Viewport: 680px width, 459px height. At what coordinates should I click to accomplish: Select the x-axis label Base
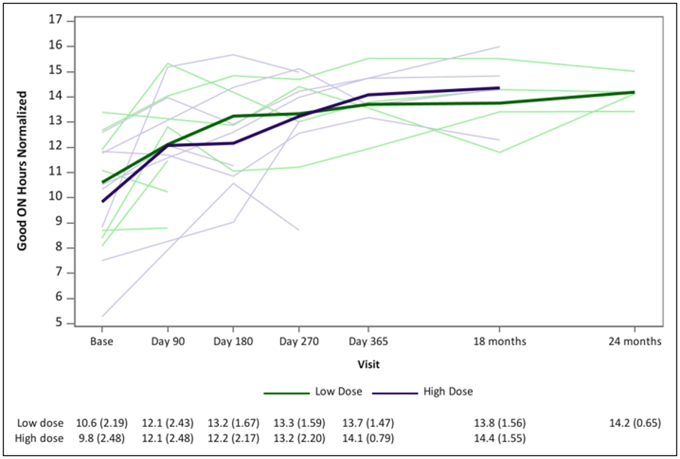click(102, 341)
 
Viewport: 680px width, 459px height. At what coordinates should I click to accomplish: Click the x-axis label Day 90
click(168, 341)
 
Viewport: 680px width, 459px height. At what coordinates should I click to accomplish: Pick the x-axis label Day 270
click(299, 341)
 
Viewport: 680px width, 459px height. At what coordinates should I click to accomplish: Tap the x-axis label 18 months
click(499, 341)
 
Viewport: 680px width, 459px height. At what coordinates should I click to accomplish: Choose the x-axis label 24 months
click(635, 341)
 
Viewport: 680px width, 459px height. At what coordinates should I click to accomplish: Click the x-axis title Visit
click(369, 364)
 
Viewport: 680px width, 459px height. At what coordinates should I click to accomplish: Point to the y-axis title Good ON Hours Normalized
click(22, 170)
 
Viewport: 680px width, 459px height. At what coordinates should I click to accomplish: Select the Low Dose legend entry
click(313, 391)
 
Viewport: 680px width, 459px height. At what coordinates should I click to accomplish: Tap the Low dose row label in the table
click(40, 423)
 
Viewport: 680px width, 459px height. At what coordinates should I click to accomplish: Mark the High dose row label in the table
click(39, 438)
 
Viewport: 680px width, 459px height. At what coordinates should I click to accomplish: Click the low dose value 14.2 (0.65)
click(635, 423)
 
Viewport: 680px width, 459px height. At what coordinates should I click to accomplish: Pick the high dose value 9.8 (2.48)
click(101, 438)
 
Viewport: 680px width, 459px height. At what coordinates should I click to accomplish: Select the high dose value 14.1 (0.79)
click(368, 438)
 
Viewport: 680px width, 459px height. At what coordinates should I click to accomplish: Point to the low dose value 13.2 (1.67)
click(234, 423)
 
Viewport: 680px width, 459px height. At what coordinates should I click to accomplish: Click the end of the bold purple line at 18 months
click(499, 87)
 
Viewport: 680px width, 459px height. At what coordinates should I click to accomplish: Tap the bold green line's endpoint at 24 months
click(634, 92)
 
